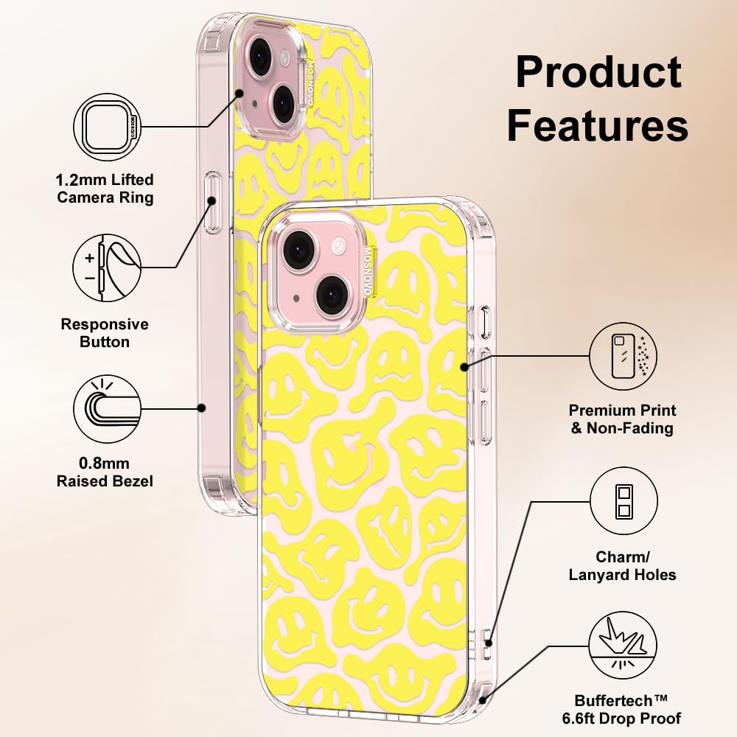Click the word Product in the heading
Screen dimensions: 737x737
tap(598, 73)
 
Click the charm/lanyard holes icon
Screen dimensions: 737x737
tap(624, 502)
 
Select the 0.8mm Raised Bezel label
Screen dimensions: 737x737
tap(105, 472)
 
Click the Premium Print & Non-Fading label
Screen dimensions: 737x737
tap(622, 419)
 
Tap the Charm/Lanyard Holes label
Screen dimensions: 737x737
tap(622, 566)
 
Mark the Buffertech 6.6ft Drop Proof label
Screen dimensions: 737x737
tap(628, 709)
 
